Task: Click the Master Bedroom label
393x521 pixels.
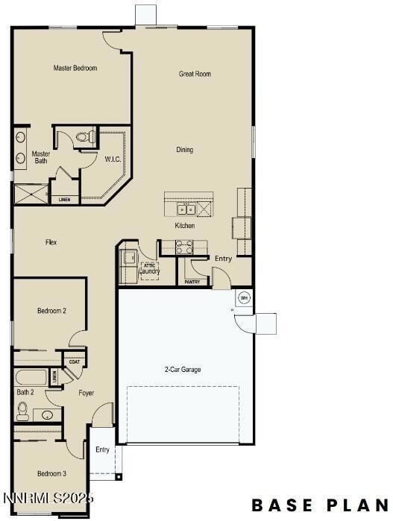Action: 75,68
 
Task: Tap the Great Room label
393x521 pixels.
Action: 195,74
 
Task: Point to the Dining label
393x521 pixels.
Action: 185,150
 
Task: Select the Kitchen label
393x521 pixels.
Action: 185,226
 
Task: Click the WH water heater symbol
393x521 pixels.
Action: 243,298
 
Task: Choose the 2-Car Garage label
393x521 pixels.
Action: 183,370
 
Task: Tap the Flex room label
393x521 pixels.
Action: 51,242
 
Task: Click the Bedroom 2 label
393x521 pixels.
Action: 52,310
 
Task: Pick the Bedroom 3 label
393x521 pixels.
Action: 52,473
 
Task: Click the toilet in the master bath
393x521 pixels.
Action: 87,137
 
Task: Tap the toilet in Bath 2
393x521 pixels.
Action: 22,409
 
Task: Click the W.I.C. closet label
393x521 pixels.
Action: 113,159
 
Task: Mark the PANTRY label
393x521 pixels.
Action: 192,282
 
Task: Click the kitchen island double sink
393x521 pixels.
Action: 188,209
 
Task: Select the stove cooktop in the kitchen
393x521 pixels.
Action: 185,246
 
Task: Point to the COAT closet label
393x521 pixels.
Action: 75,363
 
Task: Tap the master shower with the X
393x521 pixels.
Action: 31,194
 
